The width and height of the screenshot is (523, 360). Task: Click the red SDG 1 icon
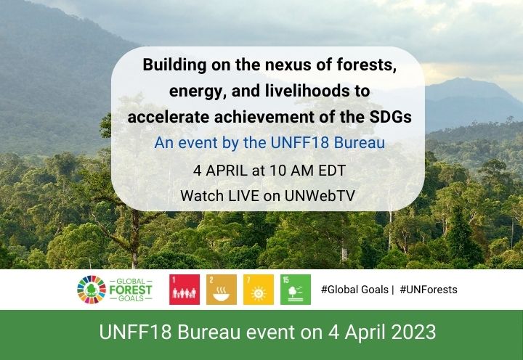tap(184, 290)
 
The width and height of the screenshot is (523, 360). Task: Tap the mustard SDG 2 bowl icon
tap(221, 290)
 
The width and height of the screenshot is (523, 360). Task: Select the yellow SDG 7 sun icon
tap(258, 290)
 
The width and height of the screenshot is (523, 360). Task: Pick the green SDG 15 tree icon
tap(295, 290)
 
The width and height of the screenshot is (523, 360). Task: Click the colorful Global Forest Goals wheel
tap(92, 290)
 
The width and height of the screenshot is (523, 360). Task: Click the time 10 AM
tap(285, 170)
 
